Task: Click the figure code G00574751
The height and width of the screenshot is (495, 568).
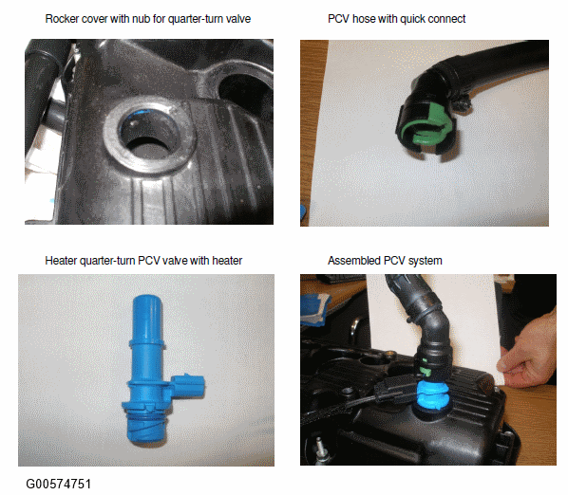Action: (59, 484)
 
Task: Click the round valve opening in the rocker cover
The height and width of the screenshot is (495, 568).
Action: (150, 136)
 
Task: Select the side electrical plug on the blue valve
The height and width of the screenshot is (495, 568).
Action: (188, 385)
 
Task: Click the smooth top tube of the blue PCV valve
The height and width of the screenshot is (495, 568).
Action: (147, 318)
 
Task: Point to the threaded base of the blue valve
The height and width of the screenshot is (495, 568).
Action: (146, 428)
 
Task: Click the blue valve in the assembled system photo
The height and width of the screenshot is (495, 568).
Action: (433, 397)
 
